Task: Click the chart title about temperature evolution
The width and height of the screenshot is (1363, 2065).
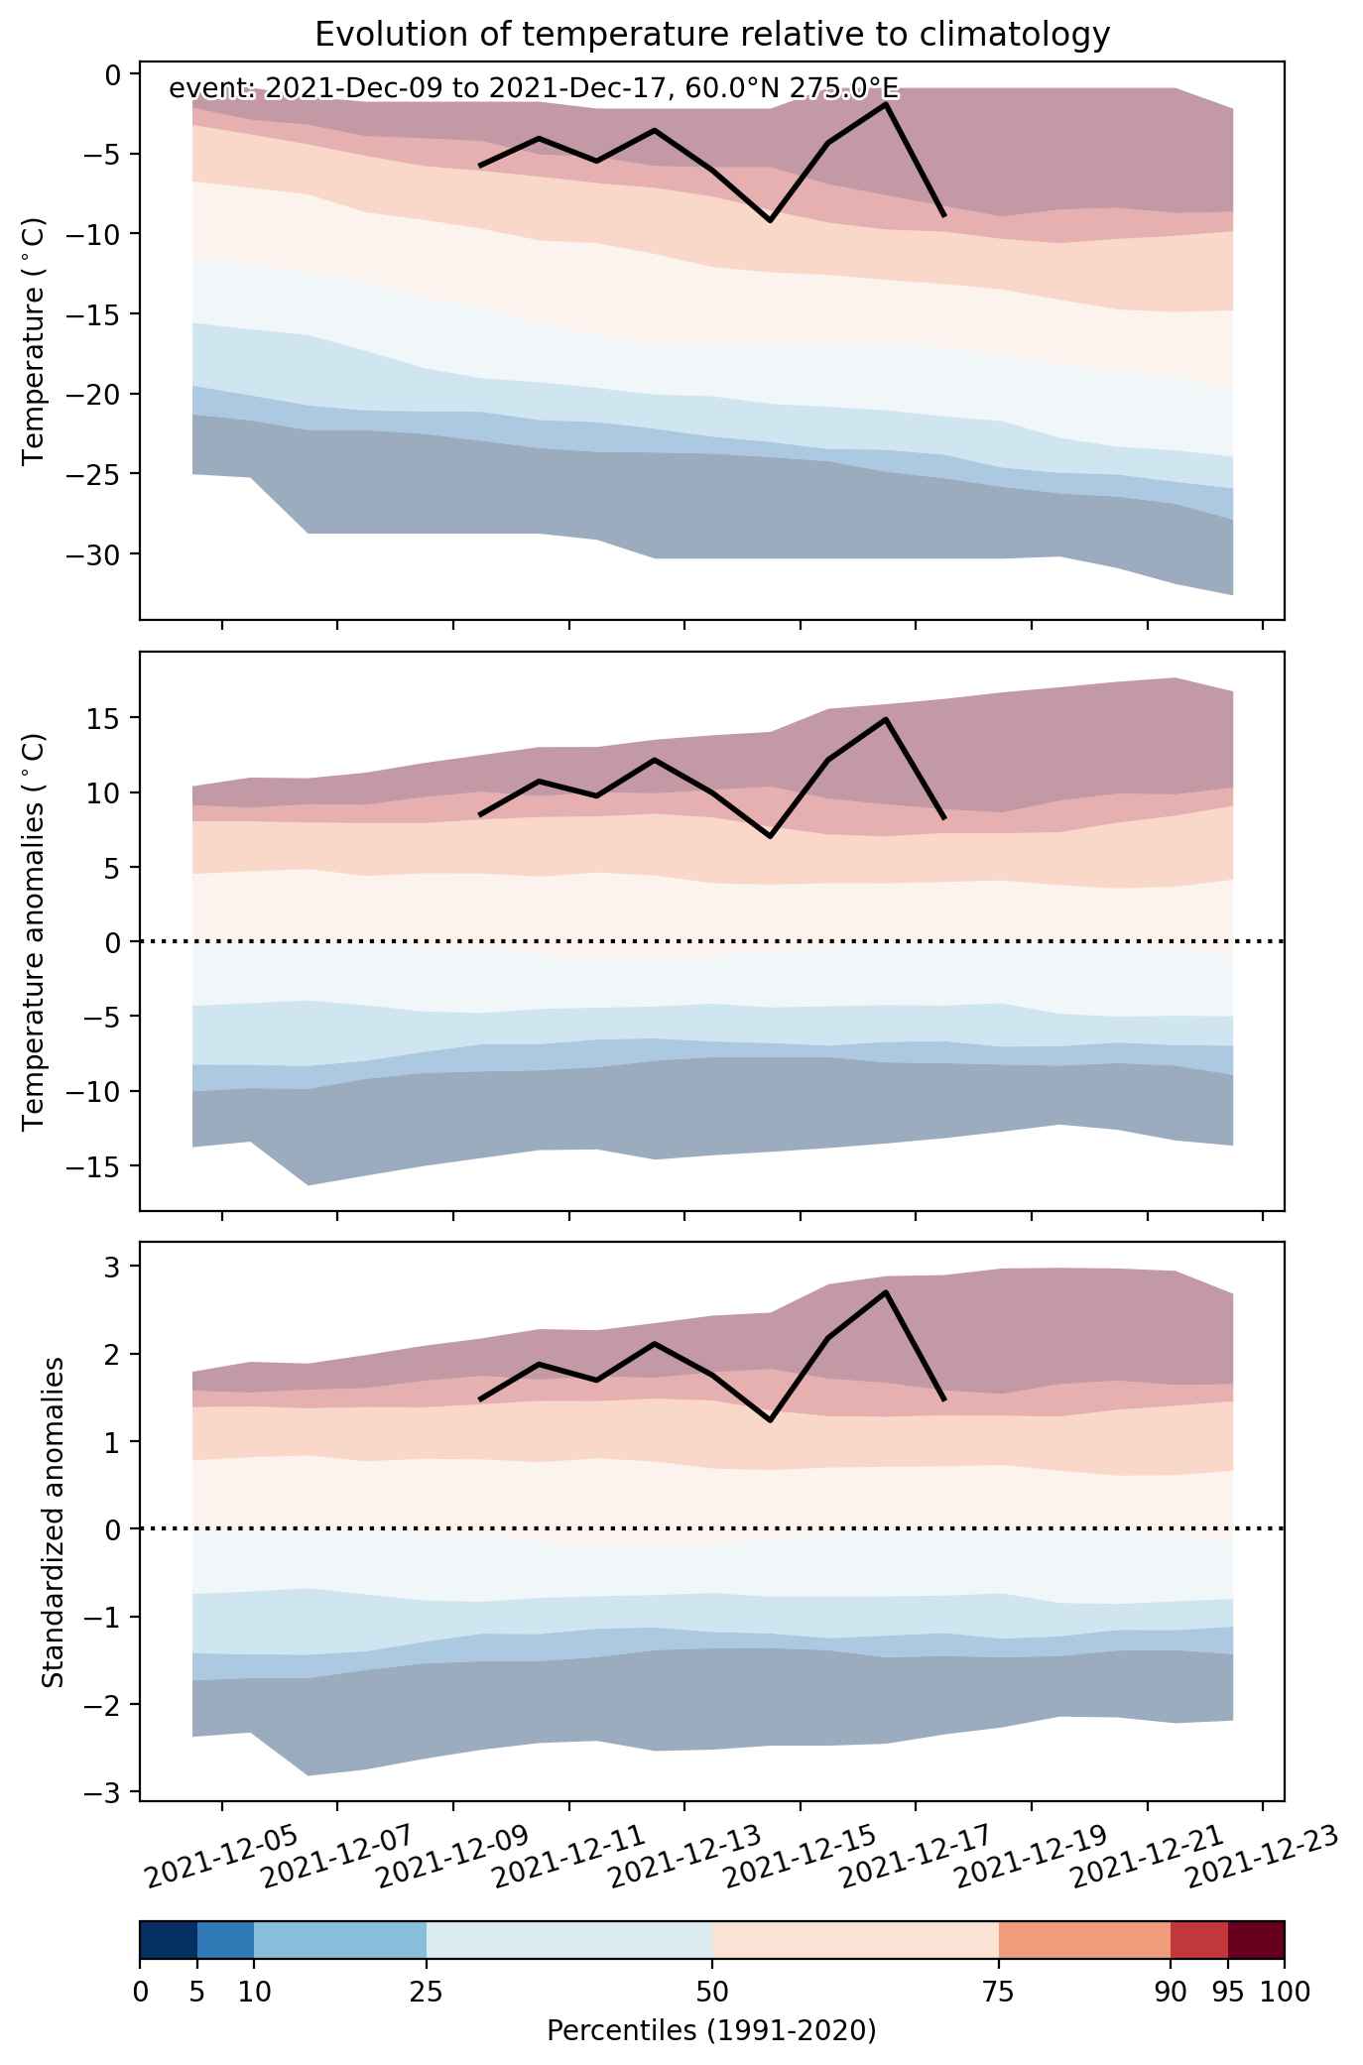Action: click(711, 35)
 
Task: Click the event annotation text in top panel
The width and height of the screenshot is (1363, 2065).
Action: click(534, 88)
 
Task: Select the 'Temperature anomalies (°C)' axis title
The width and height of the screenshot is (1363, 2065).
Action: click(35, 930)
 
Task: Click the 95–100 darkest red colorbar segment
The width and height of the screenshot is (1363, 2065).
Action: click(1256, 1940)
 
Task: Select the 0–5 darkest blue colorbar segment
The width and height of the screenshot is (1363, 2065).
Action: click(169, 1940)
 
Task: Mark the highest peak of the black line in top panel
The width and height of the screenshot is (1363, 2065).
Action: click(885, 103)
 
